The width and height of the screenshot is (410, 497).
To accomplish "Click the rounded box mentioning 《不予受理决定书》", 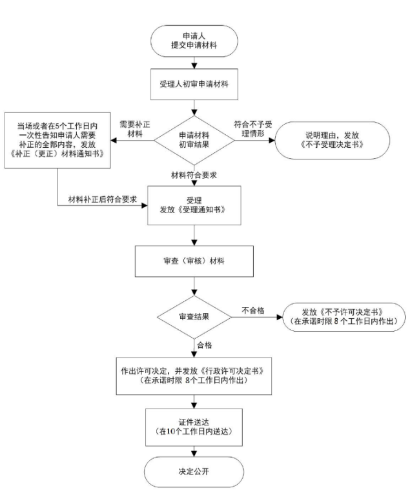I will pos(333,140).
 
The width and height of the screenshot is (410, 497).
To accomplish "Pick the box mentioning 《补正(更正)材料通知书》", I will pos(58,140).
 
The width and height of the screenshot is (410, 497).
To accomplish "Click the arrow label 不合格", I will pos(252,310).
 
